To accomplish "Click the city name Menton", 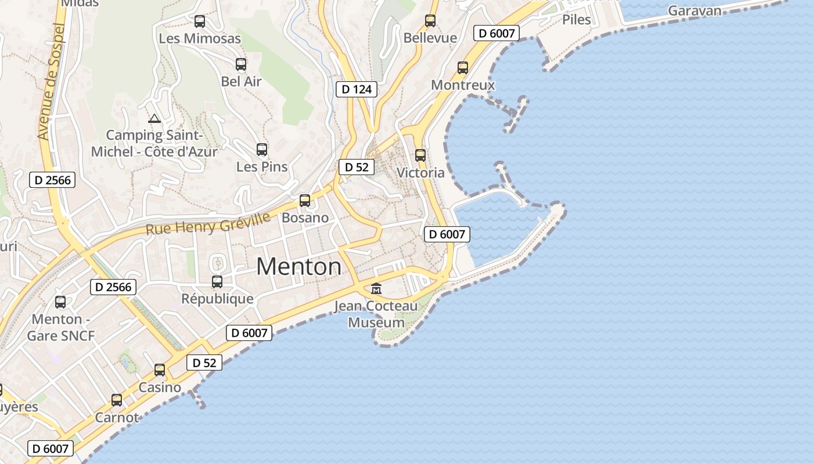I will pyautogui.click(x=299, y=267).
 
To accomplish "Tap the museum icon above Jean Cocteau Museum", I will pyautogui.click(x=376, y=288).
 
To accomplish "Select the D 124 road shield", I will pyautogui.click(x=357, y=89).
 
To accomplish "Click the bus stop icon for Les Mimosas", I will pyautogui.click(x=200, y=21).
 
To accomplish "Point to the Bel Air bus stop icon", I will pyautogui.click(x=241, y=64).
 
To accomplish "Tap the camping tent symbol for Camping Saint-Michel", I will pyautogui.click(x=154, y=119).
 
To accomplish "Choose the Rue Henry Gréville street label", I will pyautogui.click(x=208, y=223).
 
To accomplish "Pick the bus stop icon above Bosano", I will pyautogui.click(x=305, y=201).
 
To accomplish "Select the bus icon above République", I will pyautogui.click(x=217, y=282).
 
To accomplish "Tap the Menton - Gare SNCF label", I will pyautogui.click(x=60, y=327).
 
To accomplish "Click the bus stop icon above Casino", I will pyautogui.click(x=160, y=370).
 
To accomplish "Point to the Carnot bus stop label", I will pyautogui.click(x=117, y=418).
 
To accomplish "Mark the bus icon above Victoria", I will pyautogui.click(x=420, y=155).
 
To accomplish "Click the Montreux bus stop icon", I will pyautogui.click(x=463, y=68).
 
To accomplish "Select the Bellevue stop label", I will pyautogui.click(x=430, y=38).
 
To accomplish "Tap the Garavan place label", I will pyautogui.click(x=695, y=10).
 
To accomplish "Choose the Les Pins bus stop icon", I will pyautogui.click(x=262, y=150).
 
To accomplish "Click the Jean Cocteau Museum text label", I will pyautogui.click(x=376, y=314).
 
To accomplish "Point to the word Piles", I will pyautogui.click(x=577, y=20).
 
